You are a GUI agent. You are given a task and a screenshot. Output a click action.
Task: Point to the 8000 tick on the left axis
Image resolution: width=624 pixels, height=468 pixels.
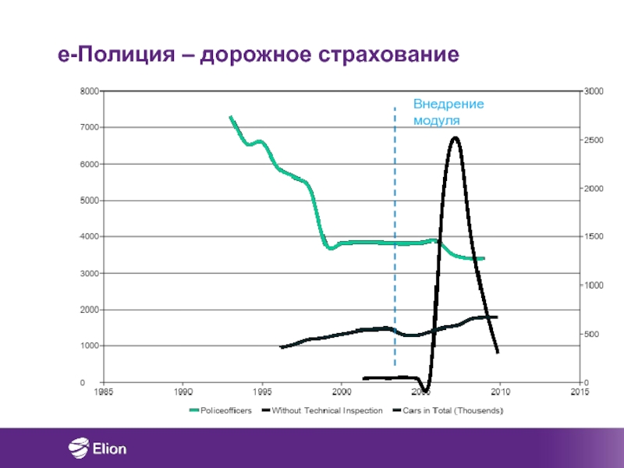(x=87, y=91)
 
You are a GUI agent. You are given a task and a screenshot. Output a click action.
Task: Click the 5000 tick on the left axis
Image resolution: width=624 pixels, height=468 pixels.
(x=87, y=200)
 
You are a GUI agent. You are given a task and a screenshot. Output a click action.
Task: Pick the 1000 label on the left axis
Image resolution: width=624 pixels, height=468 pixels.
(x=87, y=346)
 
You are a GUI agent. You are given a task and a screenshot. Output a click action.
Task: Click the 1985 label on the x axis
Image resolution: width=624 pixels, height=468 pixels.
(x=104, y=392)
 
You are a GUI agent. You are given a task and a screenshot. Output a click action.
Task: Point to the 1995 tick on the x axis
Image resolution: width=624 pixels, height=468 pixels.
(x=262, y=392)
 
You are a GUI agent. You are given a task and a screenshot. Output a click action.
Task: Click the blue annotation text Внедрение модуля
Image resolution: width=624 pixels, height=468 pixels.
(x=448, y=112)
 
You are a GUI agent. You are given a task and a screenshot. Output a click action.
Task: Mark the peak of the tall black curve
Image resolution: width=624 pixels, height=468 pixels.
(x=454, y=138)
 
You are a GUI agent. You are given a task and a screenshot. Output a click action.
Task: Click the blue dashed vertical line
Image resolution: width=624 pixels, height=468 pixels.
(x=395, y=234)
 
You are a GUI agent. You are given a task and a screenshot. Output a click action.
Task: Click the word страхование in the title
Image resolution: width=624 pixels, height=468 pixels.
(x=388, y=55)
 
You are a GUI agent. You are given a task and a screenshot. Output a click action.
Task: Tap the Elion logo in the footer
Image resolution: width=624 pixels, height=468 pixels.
(x=98, y=448)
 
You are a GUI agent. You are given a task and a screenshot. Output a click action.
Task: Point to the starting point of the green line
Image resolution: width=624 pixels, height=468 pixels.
(x=230, y=117)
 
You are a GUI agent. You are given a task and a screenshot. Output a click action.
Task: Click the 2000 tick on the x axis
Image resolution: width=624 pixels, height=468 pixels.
(x=342, y=392)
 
